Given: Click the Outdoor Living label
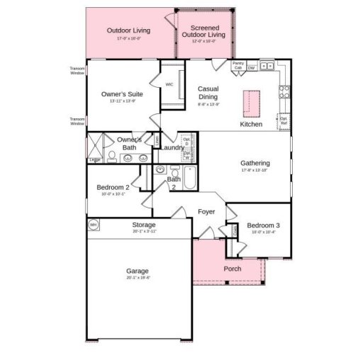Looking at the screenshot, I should pos(129,30).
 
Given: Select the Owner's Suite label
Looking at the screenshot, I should pos(122,94).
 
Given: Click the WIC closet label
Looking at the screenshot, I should pos(169,84).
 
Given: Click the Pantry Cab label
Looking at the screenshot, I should pos(238,64).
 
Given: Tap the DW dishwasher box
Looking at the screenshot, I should pos(251,67).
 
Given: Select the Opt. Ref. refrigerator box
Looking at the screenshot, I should pos(284,120).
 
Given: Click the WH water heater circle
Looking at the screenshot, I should pos(93,225).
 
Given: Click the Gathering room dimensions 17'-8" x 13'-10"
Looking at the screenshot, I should pos(255,170).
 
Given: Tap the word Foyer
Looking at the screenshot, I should pos(206,211).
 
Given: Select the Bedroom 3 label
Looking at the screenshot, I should pos(263,225).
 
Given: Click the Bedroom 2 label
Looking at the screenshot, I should pos(113,187).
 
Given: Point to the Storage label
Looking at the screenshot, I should pos(144,225).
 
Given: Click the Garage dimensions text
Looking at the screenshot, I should pos(138,277).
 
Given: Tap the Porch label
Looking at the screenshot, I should pos(232,269).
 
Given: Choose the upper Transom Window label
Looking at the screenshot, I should pos(77,70).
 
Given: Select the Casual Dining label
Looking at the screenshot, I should pos(208,93).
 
